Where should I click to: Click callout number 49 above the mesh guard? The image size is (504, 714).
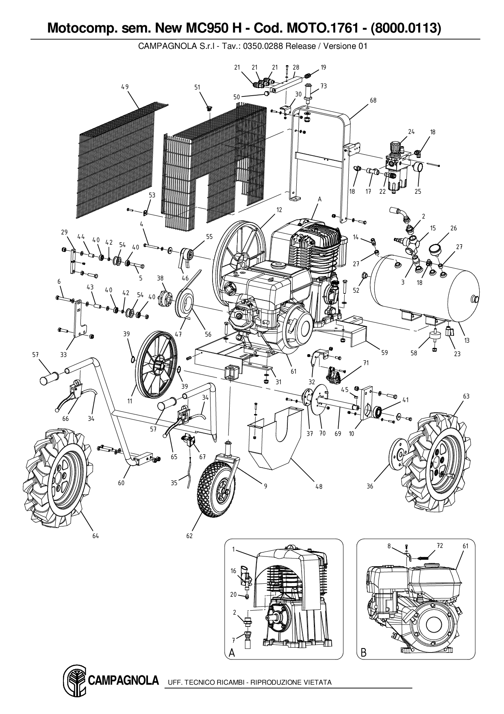[x=125, y=87]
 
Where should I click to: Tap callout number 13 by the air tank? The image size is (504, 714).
[x=467, y=340]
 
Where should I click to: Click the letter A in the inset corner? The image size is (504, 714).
[x=232, y=653]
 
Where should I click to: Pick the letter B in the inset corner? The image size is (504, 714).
[x=363, y=653]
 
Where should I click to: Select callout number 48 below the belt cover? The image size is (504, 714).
[x=319, y=486]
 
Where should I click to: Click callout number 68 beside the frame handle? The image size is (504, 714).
[x=373, y=100]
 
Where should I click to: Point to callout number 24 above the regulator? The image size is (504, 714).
[x=411, y=131]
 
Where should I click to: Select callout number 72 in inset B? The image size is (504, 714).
[x=439, y=546]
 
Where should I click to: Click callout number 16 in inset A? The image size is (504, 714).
[x=233, y=571]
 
